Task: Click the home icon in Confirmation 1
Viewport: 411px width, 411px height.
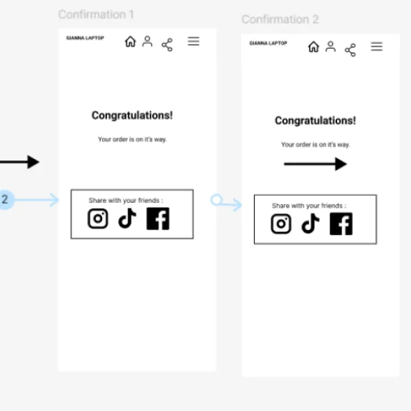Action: coord(130,41)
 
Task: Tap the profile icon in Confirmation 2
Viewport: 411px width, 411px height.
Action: coord(331,47)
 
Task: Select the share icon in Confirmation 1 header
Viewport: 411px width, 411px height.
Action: coord(167,45)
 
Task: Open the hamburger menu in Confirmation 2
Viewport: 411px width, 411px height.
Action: coord(377,47)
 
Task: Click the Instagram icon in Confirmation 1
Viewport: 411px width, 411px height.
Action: coord(98,219)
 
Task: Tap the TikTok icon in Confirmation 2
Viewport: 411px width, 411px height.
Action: coord(310,223)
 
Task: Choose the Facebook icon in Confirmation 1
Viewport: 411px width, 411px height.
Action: coord(158,219)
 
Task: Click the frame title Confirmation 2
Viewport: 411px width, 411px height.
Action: coord(280,19)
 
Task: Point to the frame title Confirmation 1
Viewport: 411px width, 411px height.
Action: coord(96,14)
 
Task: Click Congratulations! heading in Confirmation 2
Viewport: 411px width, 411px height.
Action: coord(315,121)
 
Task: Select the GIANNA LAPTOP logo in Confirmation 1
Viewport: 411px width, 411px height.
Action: coord(85,38)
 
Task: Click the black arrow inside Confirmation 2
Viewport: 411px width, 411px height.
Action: coord(315,164)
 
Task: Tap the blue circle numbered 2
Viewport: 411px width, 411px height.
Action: coord(5,199)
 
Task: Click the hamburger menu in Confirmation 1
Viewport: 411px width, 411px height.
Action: coord(193,41)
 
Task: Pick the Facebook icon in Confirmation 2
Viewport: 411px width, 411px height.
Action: coord(341,224)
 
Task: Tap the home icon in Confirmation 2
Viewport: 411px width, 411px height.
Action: coord(314,47)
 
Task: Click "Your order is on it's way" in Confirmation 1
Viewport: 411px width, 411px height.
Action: coord(132,140)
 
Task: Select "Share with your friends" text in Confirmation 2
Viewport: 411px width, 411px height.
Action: coord(307,206)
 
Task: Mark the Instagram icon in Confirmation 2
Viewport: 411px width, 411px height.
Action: coord(281,223)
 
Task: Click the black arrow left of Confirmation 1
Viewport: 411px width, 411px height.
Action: coord(20,162)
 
